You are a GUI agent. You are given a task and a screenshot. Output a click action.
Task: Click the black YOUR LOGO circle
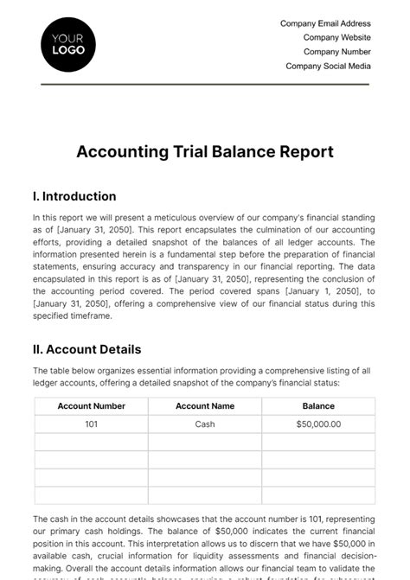tap(68, 43)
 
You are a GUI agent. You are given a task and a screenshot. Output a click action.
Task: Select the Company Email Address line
tap(325, 24)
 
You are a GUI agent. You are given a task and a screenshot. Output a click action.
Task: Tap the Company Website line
tap(336, 38)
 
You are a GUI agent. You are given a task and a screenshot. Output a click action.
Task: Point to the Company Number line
tap(336, 52)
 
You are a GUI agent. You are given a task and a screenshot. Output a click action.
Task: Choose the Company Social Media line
tap(328, 66)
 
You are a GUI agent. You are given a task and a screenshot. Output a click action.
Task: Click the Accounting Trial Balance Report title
tap(205, 151)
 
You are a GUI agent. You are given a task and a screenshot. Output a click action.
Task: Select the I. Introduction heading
tap(74, 196)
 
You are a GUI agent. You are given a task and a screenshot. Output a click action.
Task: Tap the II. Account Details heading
tap(86, 350)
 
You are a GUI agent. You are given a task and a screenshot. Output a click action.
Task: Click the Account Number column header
tap(92, 406)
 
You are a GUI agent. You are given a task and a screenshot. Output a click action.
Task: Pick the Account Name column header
tap(205, 406)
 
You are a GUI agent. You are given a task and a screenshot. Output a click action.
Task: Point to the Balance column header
tap(318, 406)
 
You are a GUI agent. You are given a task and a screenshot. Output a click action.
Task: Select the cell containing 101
tap(92, 424)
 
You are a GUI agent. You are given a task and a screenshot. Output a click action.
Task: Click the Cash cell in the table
tap(205, 424)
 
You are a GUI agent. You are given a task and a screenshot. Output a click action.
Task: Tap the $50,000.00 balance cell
tap(318, 424)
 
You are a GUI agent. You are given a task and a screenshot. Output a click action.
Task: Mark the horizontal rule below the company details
tap(205, 84)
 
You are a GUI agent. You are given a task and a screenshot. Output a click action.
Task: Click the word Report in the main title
tap(299, 151)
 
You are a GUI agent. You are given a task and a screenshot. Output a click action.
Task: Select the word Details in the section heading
tap(119, 350)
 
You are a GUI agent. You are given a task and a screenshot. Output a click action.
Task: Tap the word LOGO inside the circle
tap(68, 50)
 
